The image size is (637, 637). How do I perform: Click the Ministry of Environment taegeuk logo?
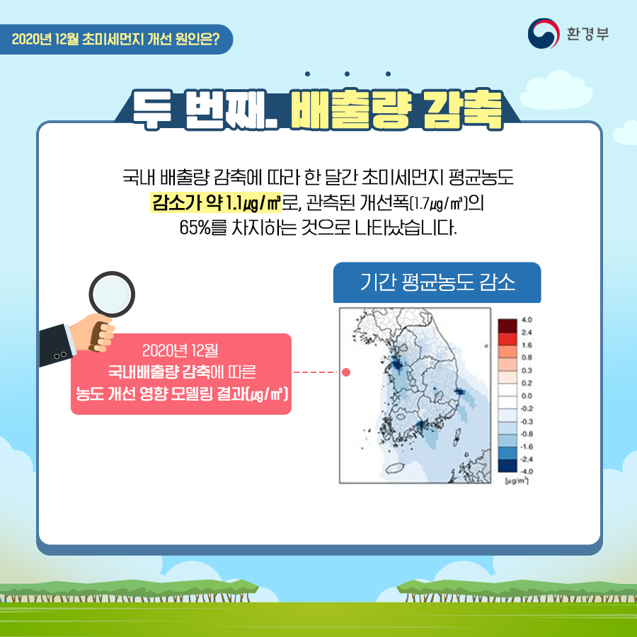click(x=544, y=33)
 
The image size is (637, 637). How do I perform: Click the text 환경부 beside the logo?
click(x=588, y=34)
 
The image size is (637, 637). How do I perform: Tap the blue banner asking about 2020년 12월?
click(x=116, y=40)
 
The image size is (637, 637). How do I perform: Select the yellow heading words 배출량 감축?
click(x=396, y=110)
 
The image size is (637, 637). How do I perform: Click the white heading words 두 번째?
click(x=205, y=110)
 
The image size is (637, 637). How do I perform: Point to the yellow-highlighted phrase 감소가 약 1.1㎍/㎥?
click(x=216, y=202)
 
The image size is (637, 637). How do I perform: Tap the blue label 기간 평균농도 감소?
click(x=437, y=282)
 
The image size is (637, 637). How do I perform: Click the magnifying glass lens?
click(x=112, y=294)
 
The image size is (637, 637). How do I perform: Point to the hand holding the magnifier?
click(x=93, y=332)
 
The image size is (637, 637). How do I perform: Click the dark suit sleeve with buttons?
click(x=57, y=345)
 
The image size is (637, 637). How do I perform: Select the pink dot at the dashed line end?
click(x=346, y=372)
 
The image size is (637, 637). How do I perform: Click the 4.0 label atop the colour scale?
click(x=527, y=320)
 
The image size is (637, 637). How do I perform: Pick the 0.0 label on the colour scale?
click(x=527, y=396)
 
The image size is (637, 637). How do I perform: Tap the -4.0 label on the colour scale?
click(x=526, y=471)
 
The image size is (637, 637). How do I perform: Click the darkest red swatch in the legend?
click(x=507, y=326)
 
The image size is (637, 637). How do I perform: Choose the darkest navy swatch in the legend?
click(x=507, y=466)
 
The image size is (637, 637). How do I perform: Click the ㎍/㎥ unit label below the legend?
click(x=517, y=481)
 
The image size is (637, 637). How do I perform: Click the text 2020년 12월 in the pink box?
click(x=180, y=350)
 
